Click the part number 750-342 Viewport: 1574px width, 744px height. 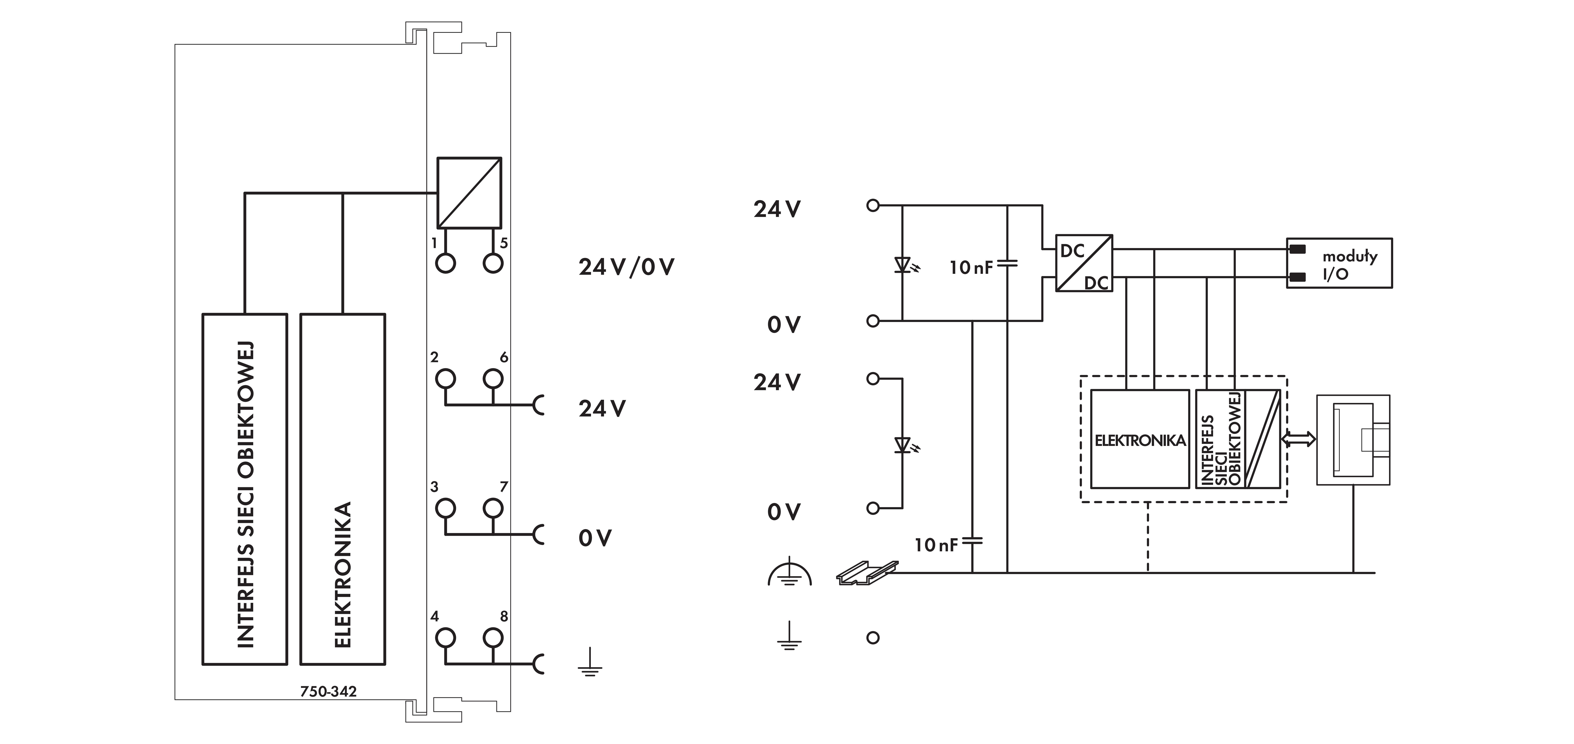point(328,691)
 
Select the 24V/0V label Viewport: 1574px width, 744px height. point(626,267)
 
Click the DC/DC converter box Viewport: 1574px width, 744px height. point(1084,263)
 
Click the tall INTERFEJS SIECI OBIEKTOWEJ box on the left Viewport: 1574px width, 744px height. point(244,489)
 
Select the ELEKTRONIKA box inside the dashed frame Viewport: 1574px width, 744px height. point(1140,439)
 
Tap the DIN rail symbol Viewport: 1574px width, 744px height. point(866,573)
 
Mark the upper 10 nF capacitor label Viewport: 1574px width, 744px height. point(971,267)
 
